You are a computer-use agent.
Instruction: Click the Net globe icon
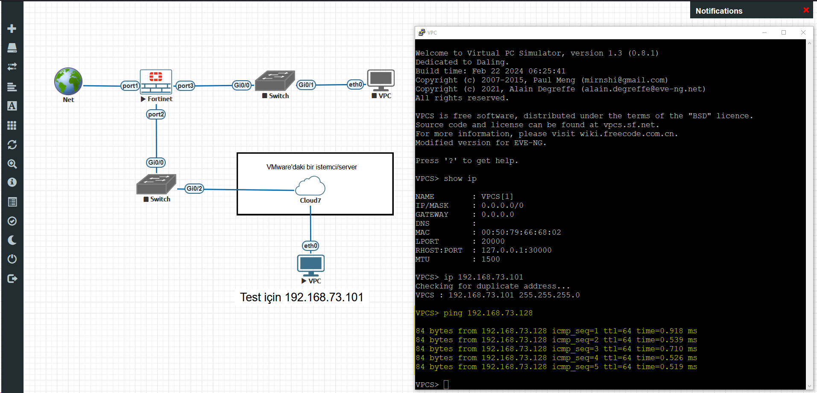[x=68, y=81]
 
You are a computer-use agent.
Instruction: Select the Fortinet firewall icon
[x=156, y=82]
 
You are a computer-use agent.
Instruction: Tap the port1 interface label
[x=130, y=86]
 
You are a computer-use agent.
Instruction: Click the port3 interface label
[x=185, y=86]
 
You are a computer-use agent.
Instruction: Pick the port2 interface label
[x=156, y=114]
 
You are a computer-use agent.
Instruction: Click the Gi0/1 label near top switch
[x=306, y=85]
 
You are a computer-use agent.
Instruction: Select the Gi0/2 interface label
[x=194, y=189]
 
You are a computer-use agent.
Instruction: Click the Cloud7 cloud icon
[x=310, y=186]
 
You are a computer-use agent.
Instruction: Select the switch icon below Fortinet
[x=156, y=184]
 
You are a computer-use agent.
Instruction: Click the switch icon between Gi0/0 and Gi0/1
[x=275, y=81]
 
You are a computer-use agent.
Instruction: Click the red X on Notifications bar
[x=806, y=10]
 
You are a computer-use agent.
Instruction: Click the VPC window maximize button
[x=784, y=32]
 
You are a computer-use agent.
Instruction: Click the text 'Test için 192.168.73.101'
[x=302, y=297]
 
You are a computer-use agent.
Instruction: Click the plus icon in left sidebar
[x=12, y=29]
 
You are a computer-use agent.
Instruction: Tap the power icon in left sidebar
[x=12, y=259]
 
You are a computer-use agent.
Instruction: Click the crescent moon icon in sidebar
[x=12, y=240]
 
